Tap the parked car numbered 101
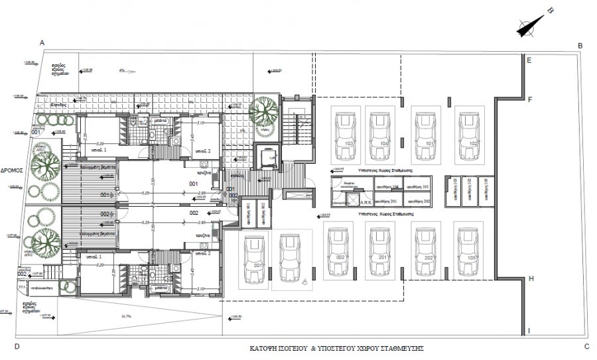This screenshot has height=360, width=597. [425, 136]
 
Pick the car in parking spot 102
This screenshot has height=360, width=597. [468, 136]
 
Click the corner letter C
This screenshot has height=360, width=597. [586, 346]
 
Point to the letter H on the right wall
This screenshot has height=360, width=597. [531, 279]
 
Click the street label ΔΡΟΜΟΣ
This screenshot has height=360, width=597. [13, 170]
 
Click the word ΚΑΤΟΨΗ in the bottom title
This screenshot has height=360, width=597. [263, 348]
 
